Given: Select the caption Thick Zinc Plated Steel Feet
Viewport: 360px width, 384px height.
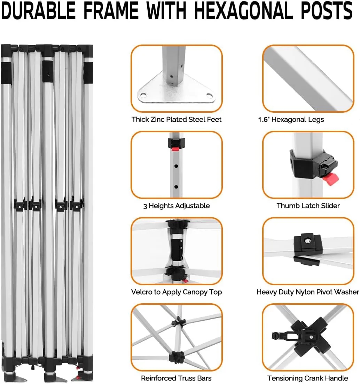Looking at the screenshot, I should click(x=177, y=119).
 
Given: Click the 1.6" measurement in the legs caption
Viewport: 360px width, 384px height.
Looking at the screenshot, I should click(x=263, y=119).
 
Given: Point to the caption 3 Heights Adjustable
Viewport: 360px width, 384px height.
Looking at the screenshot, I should click(x=177, y=206).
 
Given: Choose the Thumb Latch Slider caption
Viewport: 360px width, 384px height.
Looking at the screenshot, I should click(x=308, y=206).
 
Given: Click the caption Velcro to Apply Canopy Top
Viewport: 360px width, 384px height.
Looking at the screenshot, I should click(x=177, y=292).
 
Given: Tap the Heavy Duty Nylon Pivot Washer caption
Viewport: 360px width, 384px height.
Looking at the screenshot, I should click(x=308, y=292).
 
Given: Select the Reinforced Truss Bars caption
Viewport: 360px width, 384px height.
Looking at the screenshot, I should click(x=176, y=378).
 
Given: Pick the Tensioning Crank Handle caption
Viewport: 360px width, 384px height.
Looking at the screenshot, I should click(x=308, y=378).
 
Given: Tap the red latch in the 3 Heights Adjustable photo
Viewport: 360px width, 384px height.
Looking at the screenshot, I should click(x=175, y=149).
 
